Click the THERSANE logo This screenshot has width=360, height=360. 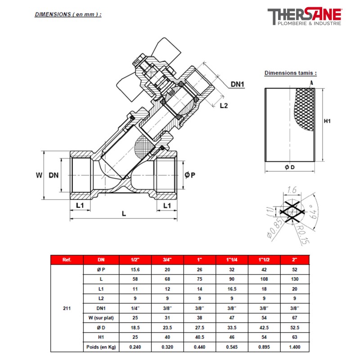point(305,16)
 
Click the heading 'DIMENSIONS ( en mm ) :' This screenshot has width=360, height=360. point(68,14)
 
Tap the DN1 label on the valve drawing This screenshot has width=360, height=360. point(237,84)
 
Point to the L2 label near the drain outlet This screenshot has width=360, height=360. point(224,105)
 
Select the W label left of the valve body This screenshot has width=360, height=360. point(39,175)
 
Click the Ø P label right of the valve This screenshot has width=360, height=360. point(190,175)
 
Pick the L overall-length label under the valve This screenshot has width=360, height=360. point(124,214)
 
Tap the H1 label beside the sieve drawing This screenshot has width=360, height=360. point(327,121)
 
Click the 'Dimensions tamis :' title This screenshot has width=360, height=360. point(290,73)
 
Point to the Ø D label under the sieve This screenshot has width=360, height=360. point(289,167)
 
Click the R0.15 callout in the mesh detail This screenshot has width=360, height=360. point(303,234)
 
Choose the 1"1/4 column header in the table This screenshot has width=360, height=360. point(232,260)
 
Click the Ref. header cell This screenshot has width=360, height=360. point(67,260)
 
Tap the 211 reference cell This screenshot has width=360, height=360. point(67,308)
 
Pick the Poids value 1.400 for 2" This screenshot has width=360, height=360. point(295,347)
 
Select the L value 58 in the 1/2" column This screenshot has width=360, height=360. point(135,279)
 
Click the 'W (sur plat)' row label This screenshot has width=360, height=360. point(101,318)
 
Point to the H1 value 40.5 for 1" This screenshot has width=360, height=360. point(199,337)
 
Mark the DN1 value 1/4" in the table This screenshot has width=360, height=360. point(135,308)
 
